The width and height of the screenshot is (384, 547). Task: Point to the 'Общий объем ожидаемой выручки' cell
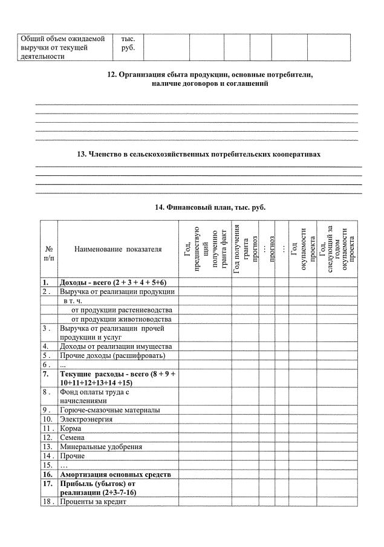tap(63, 47)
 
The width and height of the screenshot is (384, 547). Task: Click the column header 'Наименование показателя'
tap(119, 249)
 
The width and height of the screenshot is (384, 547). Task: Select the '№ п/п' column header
tap(49, 249)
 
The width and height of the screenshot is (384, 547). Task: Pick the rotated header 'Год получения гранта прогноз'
tap(245, 249)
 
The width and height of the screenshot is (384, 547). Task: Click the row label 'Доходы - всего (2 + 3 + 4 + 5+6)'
tap(112, 282)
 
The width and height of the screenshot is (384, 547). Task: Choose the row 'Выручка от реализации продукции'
tap(117, 291)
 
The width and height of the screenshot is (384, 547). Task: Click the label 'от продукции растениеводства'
tap(121, 309)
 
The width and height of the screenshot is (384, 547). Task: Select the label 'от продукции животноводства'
tap(121, 319)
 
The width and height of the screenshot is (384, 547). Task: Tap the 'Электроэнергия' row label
tap(86, 419)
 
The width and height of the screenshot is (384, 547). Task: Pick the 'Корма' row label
tap(70, 428)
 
